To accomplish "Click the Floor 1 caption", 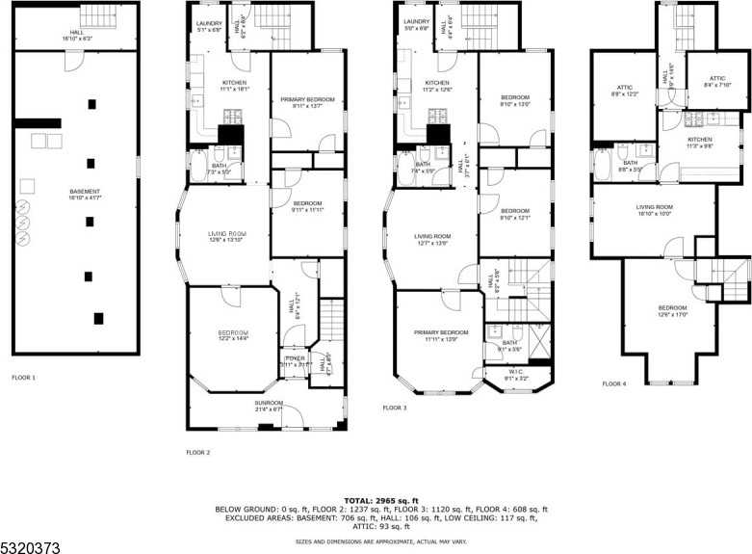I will pyautogui.click(x=23, y=377).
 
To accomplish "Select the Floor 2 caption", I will pyautogui.click(x=197, y=451).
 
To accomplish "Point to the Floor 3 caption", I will pyautogui.click(x=395, y=408).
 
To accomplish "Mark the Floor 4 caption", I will pyautogui.click(x=614, y=383).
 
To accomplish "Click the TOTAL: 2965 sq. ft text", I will pyautogui.click(x=381, y=501).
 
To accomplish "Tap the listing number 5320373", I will pyautogui.click(x=30, y=546).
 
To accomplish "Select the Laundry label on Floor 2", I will pyautogui.click(x=209, y=26).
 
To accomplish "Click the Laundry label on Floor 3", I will pyautogui.click(x=417, y=24).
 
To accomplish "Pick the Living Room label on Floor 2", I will pyautogui.click(x=227, y=235).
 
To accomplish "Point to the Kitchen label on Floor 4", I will pyautogui.click(x=699, y=143).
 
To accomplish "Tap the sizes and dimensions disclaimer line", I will pyautogui.click(x=381, y=541).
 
